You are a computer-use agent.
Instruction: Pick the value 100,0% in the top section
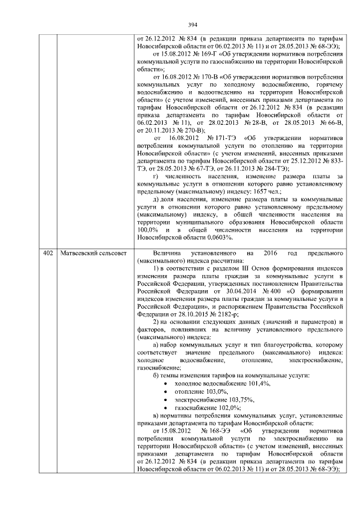tap(148, 229)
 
